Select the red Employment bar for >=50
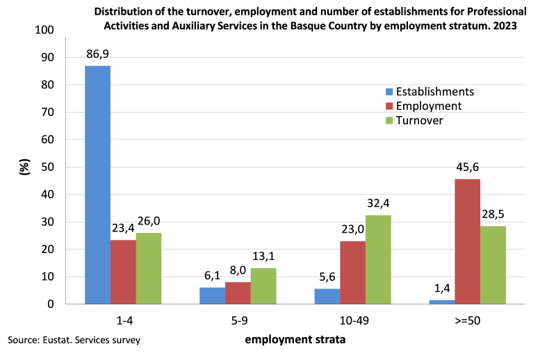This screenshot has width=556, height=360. coord(467,242)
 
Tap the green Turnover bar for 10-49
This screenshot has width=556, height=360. coord(378,260)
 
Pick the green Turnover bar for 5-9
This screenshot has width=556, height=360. coord(263,286)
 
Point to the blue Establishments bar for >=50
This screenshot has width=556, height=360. coord(442,302)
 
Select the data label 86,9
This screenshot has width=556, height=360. coord(98,53)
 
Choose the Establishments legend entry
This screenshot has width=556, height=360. coord(434,92)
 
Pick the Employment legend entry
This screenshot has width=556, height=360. coord(428,106)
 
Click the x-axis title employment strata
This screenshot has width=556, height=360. coord(295,340)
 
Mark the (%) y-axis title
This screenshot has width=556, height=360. coord(24,167)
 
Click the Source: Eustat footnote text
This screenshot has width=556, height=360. coord(74,341)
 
